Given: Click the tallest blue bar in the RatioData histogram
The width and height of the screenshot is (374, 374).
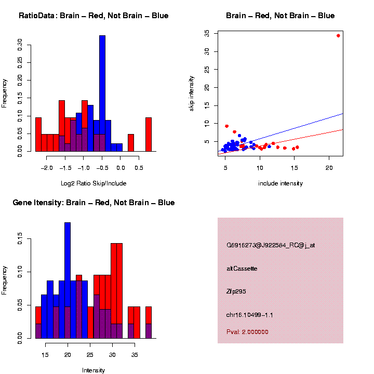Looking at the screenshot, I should pos(102,94).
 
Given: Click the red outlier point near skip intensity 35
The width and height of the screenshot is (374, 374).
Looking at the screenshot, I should pos(338,35).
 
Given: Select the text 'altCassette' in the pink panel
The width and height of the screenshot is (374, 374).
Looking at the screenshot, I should pos(242,269).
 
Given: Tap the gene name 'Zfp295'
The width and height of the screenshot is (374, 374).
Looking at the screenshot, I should pos(236,291).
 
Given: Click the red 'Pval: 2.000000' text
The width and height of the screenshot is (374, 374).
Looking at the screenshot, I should pos(247,331).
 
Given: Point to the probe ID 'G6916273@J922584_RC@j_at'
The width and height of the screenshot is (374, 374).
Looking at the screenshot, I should pos(271,245).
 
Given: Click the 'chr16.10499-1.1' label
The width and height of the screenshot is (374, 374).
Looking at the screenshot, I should pos(250,315).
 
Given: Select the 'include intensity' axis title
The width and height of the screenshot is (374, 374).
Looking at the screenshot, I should pos(280,183).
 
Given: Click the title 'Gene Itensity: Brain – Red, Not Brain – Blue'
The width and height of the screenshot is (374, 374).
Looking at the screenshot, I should pos(94,203).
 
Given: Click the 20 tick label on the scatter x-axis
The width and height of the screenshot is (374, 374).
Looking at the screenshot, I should pos(329,169).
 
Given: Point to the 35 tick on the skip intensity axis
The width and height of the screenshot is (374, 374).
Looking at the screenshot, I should pos(207,33).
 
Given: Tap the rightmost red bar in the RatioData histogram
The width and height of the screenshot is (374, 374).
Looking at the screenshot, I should pos(149,134).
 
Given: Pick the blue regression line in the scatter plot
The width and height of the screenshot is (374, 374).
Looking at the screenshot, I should pos(312,125).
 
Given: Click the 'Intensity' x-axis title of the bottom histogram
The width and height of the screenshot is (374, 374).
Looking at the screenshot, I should pos(94,370).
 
